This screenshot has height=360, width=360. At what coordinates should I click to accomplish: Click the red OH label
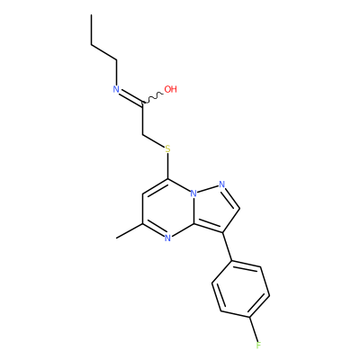171,89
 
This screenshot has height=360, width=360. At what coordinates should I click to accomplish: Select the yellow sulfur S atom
167,148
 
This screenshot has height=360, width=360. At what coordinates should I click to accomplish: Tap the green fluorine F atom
258,346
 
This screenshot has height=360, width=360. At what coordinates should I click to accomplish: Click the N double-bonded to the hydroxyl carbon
116,89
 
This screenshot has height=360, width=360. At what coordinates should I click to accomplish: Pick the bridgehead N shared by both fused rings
193,193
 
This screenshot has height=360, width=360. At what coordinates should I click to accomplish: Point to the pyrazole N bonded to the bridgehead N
222,184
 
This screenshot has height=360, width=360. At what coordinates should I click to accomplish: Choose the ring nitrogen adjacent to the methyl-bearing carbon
167,238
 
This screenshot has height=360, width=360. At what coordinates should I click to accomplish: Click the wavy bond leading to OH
152,98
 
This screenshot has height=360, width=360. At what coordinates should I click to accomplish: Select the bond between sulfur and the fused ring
167,166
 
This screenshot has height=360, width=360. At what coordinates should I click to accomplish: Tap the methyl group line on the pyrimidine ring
129,231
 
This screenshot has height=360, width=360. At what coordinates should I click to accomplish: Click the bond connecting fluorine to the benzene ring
254,329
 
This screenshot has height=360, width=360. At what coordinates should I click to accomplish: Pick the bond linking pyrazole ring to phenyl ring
228,247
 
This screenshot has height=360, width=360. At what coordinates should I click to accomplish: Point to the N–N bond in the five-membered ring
208,189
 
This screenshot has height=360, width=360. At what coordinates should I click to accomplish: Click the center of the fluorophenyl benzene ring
240,290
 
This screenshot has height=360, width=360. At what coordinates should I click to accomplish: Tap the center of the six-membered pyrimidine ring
168,209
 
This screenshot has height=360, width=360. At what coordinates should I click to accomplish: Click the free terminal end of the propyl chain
91,14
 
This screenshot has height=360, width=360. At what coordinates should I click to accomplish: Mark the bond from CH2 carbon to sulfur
154,141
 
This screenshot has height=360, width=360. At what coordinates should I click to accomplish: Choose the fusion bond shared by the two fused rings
193,211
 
